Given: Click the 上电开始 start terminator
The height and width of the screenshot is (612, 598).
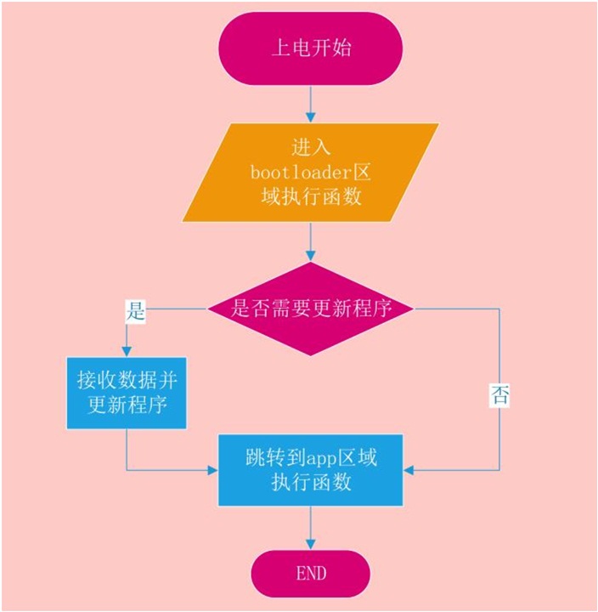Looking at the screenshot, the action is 311,48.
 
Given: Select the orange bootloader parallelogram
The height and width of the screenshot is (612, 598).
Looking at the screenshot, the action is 311,173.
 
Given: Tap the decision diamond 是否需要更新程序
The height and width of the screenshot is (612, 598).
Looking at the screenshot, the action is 311,309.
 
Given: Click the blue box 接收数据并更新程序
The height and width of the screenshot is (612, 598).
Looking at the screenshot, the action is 127,393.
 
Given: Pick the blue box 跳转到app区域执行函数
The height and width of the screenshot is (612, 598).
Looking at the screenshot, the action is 311,470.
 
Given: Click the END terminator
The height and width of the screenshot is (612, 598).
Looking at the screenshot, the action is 311,574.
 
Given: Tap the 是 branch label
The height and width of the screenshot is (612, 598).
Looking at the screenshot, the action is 135,311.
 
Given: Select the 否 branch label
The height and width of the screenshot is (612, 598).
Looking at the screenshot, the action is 499,395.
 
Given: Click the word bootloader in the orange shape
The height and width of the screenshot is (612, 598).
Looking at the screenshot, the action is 302,172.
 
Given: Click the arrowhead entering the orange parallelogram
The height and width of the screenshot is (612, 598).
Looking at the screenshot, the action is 311,117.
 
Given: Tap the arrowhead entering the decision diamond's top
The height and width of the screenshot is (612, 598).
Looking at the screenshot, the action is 311,256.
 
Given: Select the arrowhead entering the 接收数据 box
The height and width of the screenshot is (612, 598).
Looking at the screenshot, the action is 127,351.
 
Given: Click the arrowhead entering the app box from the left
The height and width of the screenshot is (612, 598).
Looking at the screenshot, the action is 212,470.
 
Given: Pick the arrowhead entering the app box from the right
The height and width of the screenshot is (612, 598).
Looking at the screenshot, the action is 409,470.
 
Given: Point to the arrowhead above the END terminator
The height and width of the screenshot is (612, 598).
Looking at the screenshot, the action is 311,544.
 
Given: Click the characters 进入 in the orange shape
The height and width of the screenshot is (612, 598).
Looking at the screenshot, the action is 311,148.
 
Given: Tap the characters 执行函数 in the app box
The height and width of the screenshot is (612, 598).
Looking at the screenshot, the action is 311,483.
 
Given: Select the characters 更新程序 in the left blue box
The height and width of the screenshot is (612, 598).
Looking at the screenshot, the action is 127,405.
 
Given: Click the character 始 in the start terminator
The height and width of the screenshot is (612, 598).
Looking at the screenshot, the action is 341,48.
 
